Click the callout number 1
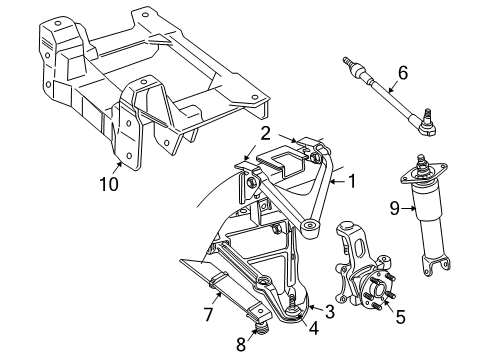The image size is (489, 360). (351, 182)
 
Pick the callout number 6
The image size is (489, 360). (403, 73)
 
